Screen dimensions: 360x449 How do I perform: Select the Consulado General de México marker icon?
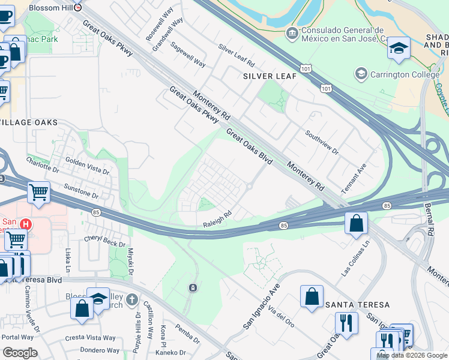pos(292,31)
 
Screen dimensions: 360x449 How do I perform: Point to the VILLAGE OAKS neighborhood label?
pos(29,122)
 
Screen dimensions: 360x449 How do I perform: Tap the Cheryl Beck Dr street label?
pos(105,241)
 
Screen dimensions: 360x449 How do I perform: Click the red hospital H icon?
pos(25,224)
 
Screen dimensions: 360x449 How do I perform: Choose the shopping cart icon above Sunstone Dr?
pos(38,193)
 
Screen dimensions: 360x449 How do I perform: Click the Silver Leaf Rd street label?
pos(237,55)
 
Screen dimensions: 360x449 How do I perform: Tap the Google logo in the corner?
pos(20,353)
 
